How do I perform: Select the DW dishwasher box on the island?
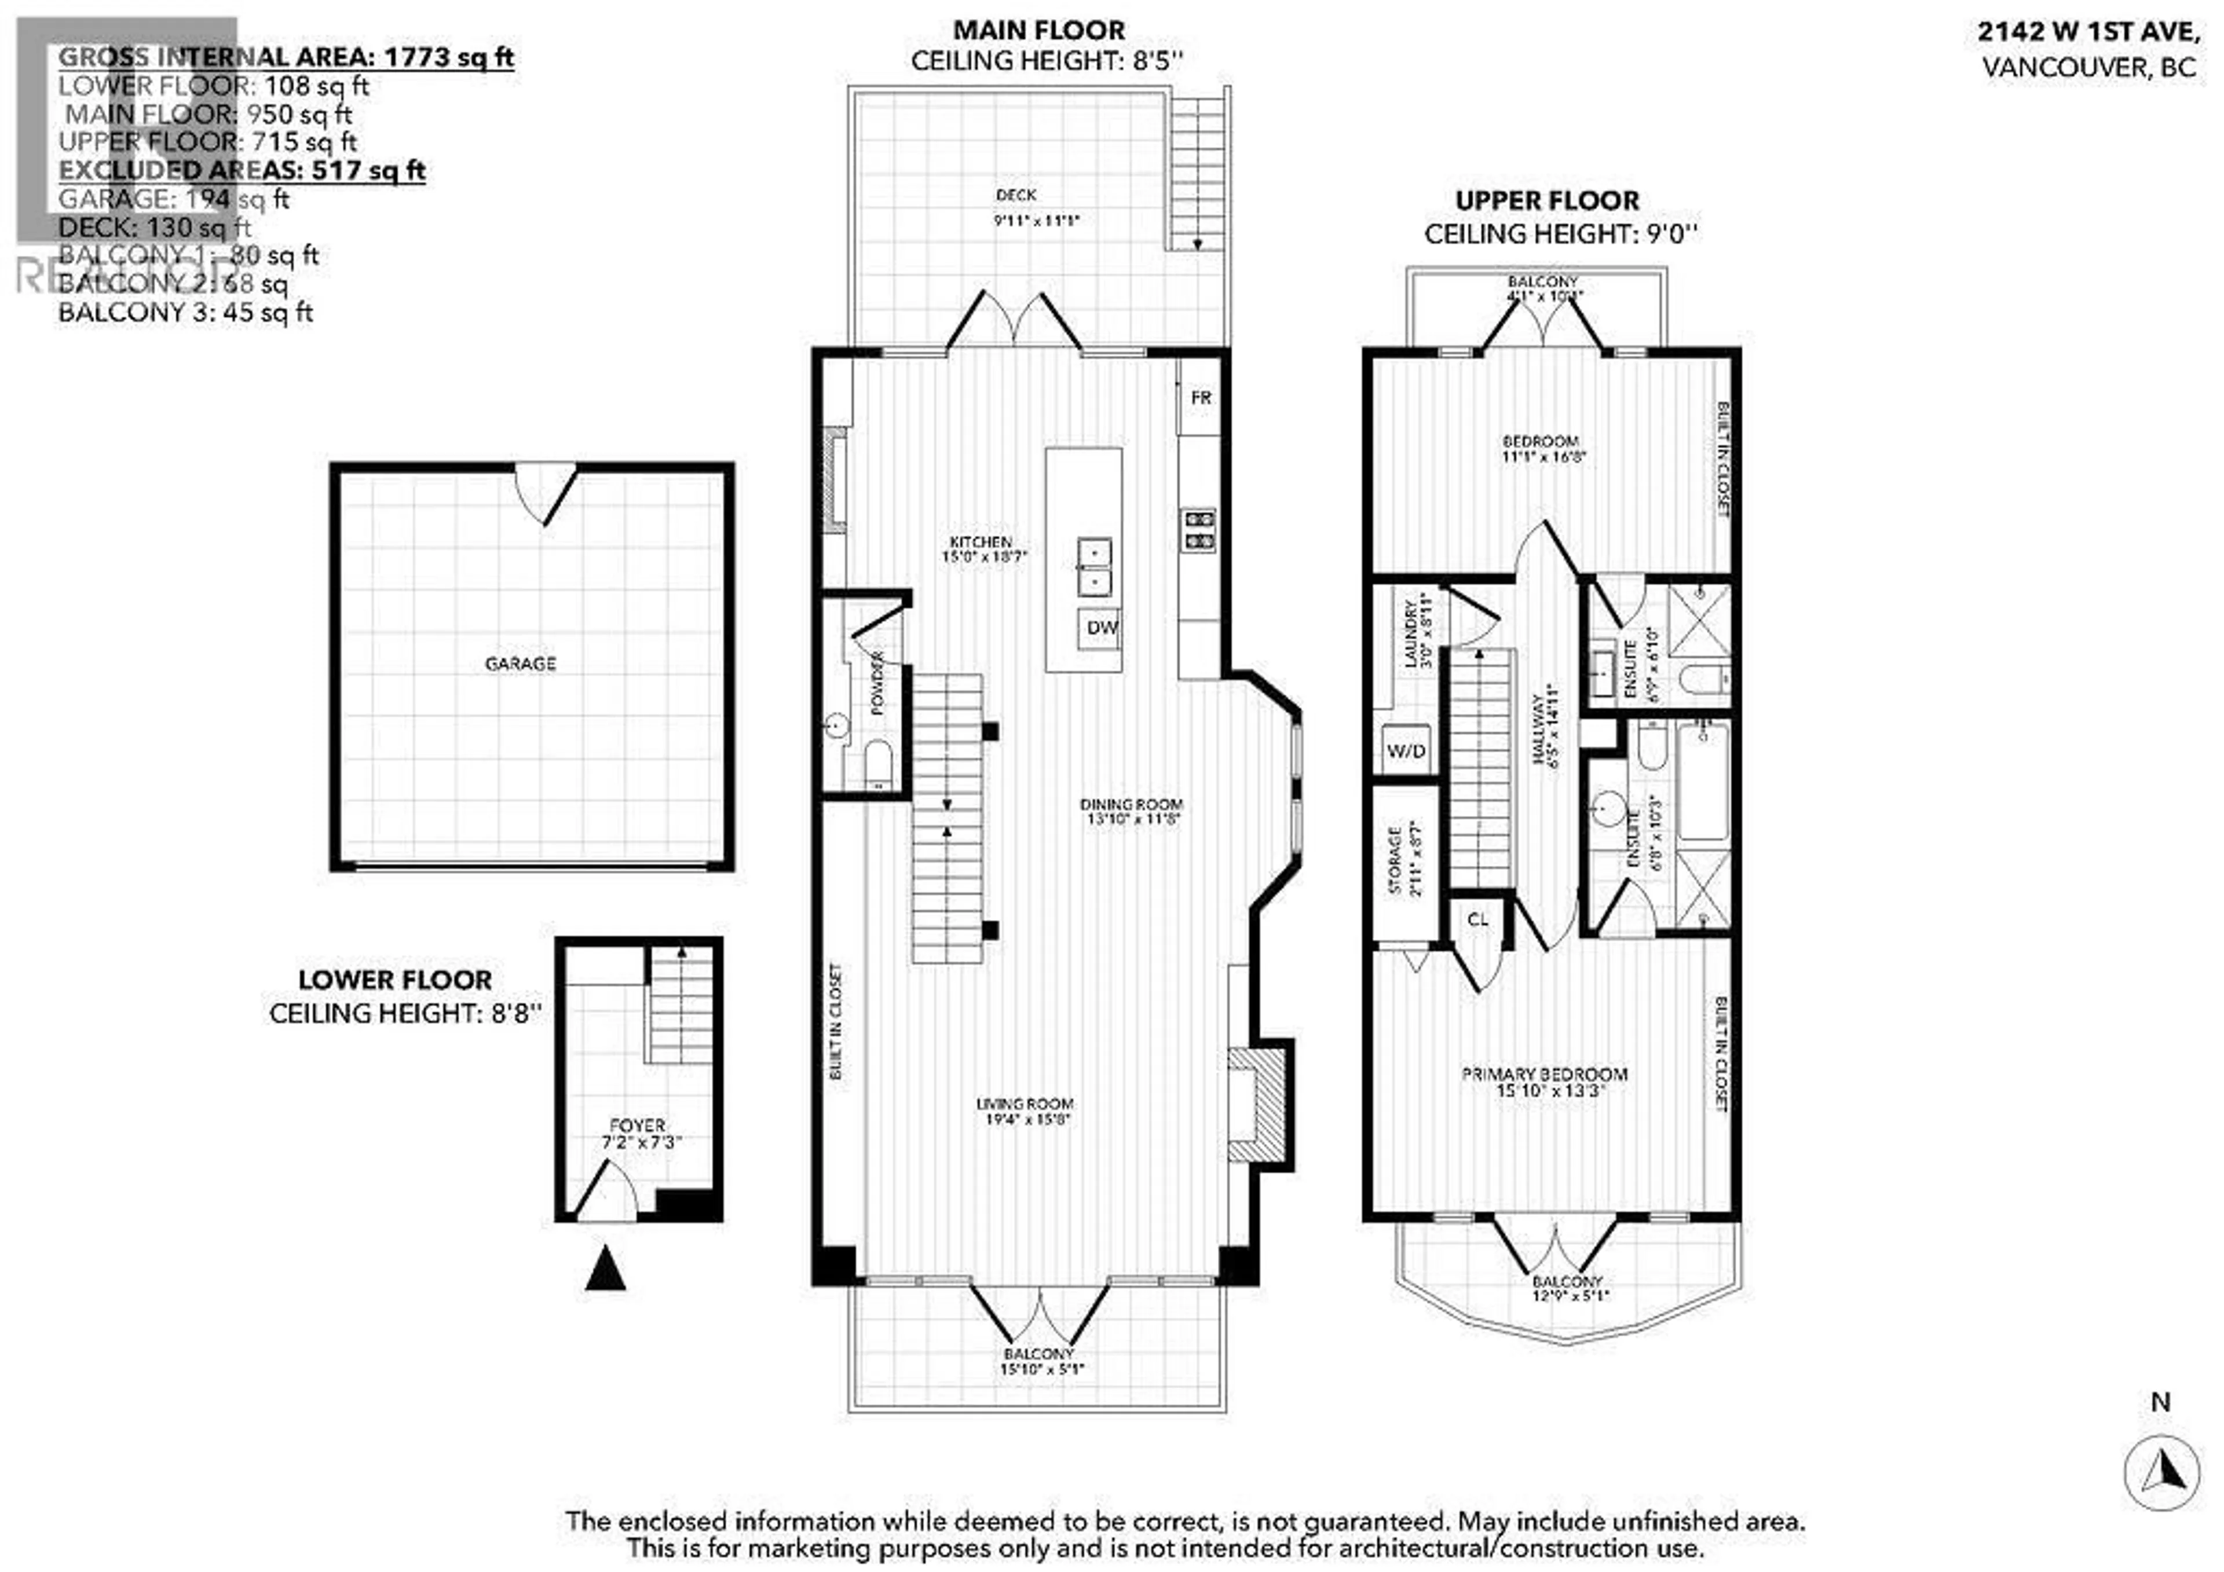(x=1100, y=628)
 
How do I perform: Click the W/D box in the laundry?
(x=1406, y=750)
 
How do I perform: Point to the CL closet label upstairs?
(x=1477, y=920)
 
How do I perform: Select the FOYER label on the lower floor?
(x=637, y=1126)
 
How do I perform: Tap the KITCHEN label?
(x=981, y=543)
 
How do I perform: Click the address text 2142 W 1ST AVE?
(x=2087, y=32)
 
